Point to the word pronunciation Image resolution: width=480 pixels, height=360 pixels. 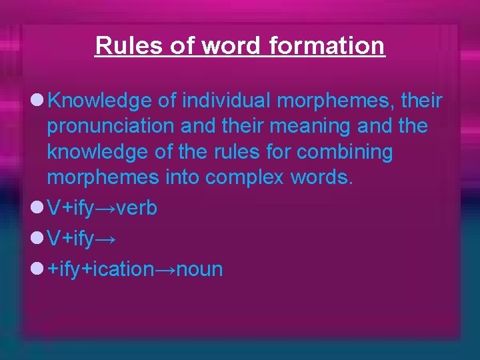click(x=115, y=127)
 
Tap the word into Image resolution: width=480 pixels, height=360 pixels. click(x=184, y=177)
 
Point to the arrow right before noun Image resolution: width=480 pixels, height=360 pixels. click(x=164, y=270)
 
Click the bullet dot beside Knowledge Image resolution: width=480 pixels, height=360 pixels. click(x=37, y=101)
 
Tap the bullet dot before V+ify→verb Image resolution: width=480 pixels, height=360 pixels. click(x=37, y=208)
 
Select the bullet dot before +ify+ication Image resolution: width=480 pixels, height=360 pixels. click(x=37, y=269)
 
